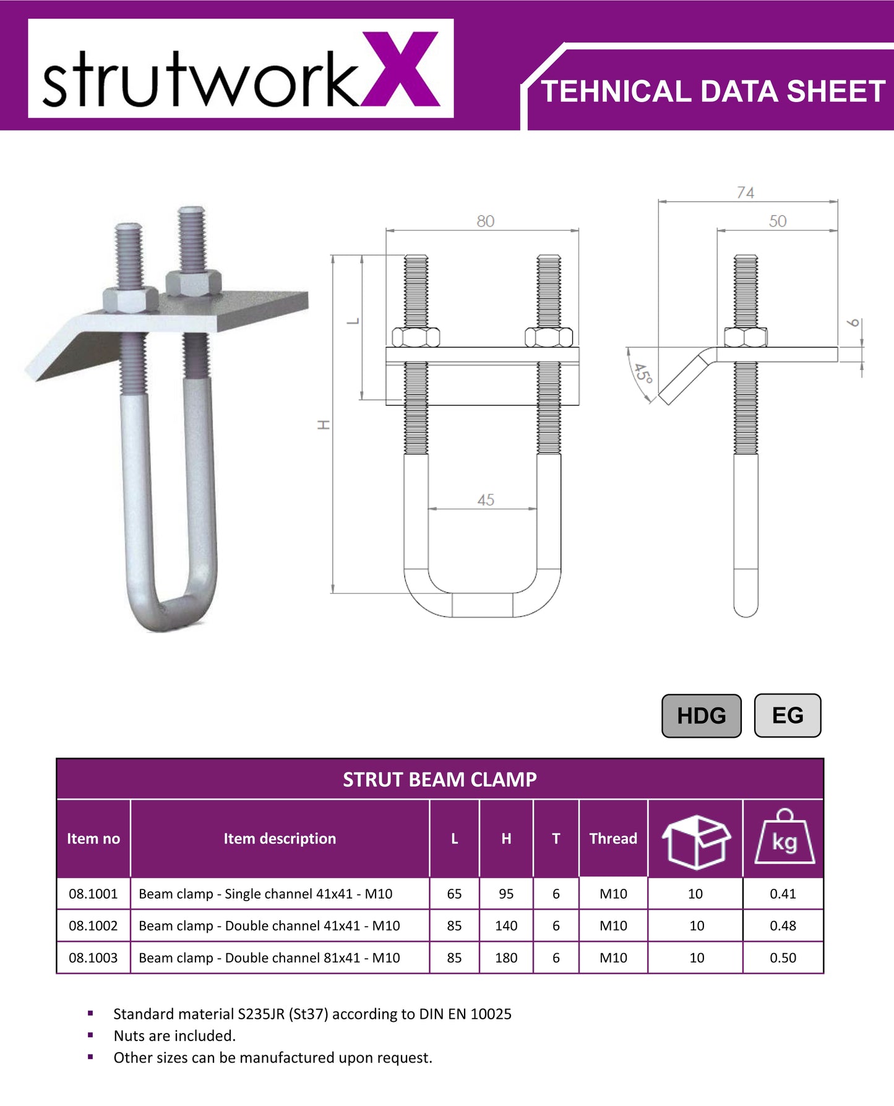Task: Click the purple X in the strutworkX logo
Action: [400, 69]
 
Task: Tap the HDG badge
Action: [701, 715]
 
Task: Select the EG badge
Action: [787, 715]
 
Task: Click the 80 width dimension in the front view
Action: [485, 221]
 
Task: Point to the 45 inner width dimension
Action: [486, 499]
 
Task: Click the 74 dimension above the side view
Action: [746, 192]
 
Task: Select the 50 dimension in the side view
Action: [778, 221]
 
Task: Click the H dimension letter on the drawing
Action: [324, 425]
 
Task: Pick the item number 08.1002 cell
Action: [93, 925]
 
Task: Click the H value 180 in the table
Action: [505, 957]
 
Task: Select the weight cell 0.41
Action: [783, 894]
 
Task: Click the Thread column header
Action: [612, 839]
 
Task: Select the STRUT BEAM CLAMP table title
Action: [439, 779]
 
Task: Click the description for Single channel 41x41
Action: [265, 894]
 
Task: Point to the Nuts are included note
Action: [174, 1035]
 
